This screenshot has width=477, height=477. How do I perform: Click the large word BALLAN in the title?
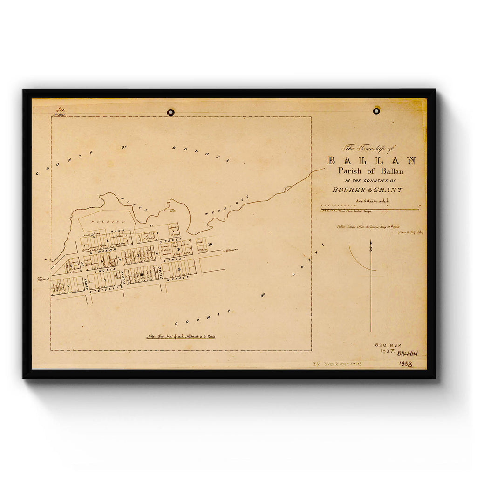point(371,161)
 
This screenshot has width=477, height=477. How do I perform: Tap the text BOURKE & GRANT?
point(368,190)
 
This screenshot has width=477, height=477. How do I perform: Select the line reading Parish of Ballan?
point(371,171)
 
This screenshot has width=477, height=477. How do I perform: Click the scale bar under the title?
point(370,209)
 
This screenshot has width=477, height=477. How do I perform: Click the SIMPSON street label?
point(108,250)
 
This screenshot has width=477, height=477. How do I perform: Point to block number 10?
point(211,244)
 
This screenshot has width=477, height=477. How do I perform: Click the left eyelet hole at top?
point(171,112)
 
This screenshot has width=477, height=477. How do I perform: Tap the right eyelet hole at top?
point(376,111)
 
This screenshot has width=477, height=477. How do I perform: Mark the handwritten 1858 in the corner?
point(406,364)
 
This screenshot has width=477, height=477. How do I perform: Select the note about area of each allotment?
point(181,336)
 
